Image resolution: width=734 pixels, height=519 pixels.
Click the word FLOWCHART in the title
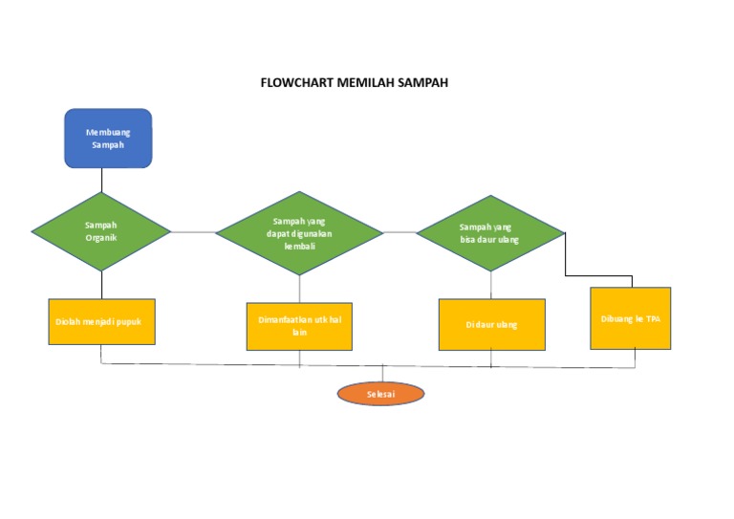click(x=292, y=83)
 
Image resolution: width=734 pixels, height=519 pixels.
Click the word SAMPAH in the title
click(x=417, y=83)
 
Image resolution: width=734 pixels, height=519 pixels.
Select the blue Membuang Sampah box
click(x=108, y=139)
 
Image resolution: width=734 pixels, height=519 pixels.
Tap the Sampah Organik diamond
click(x=101, y=231)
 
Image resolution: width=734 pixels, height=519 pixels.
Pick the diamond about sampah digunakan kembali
click(x=299, y=233)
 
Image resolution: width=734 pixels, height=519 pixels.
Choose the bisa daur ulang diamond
click(x=490, y=233)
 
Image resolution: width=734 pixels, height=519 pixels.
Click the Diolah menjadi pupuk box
click(x=101, y=321)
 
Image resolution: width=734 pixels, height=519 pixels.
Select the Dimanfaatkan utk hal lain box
click(x=299, y=326)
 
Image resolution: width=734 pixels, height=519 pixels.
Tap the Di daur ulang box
click(x=491, y=325)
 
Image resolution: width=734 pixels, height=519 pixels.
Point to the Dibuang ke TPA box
click(x=630, y=318)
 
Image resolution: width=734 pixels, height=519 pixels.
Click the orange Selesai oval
click(x=380, y=394)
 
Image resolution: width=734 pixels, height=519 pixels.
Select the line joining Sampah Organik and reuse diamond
click(x=193, y=232)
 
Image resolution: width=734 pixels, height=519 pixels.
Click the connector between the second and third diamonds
click(x=399, y=232)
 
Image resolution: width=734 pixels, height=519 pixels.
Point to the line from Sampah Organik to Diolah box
click(x=101, y=284)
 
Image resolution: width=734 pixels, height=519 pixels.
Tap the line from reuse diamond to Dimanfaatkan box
click(x=299, y=289)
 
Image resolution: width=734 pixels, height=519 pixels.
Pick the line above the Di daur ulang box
click(x=491, y=285)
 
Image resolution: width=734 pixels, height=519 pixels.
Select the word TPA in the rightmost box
click(x=653, y=319)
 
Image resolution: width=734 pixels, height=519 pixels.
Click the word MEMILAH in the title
click(x=355, y=83)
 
